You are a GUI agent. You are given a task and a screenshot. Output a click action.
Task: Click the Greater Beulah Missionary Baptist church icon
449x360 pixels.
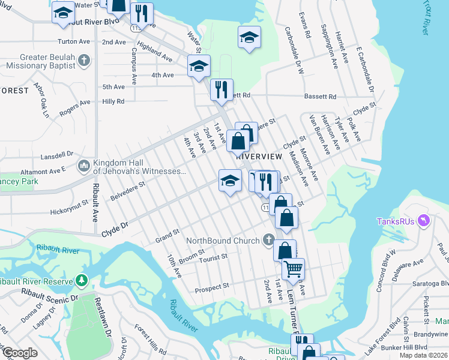click(x=84, y=61)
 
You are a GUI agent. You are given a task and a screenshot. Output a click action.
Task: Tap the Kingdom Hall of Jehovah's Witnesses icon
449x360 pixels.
click(x=83, y=164)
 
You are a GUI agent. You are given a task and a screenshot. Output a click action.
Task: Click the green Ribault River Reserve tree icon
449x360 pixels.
click(x=82, y=280)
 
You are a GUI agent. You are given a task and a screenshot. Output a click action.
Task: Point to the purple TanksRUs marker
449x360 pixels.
click(x=425, y=221)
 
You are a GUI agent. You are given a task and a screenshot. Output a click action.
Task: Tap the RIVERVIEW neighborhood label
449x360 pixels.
click(x=259, y=155)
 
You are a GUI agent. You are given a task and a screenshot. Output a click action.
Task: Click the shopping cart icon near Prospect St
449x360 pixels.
click(x=293, y=269)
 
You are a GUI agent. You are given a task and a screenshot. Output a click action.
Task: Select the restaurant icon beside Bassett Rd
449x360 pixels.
click(x=221, y=89)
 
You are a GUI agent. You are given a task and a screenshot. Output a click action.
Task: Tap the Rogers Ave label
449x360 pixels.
click(x=75, y=109)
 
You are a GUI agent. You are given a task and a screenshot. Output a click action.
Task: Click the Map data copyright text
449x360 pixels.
click(x=423, y=355)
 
